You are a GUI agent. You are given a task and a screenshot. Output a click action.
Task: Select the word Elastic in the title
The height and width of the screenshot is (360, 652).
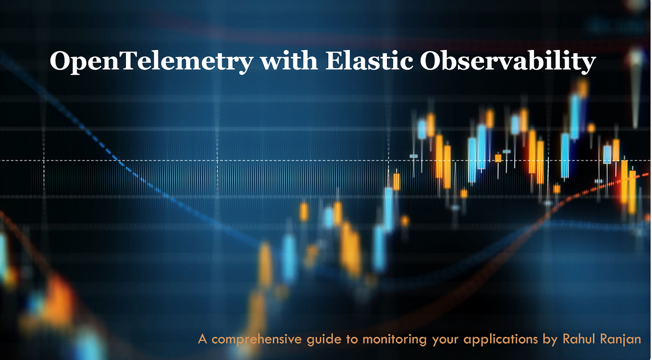tap(369, 60)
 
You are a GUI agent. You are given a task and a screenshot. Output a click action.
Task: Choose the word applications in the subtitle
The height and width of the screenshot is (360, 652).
tap(500, 340)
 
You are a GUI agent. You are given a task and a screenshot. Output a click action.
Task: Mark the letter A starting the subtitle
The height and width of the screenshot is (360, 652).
tap(203, 339)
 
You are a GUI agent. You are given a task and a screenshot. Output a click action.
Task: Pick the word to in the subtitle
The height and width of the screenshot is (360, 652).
tap(351, 340)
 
